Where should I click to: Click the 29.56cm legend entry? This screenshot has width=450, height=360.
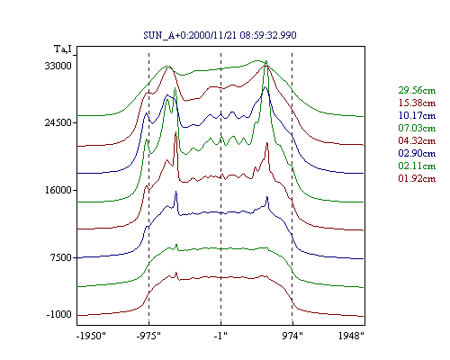(x=417, y=90)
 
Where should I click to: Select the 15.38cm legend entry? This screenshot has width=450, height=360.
(x=417, y=103)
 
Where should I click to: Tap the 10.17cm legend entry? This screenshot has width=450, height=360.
(x=417, y=115)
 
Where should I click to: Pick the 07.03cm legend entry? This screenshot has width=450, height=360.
(x=417, y=128)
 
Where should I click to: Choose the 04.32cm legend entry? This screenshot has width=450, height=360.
(x=417, y=140)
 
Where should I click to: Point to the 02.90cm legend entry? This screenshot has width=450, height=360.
(x=417, y=153)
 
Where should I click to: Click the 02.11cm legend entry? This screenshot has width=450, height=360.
(x=417, y=166)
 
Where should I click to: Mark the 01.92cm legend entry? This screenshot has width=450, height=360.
(x=417, y=178)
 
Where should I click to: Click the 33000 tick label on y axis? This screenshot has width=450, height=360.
(x=58, y=66)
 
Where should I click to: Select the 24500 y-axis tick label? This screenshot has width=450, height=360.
(x=58, y=122)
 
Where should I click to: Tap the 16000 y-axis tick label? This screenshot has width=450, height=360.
(x=58, y=190)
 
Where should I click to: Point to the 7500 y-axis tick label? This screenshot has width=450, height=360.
(x=61, y=257)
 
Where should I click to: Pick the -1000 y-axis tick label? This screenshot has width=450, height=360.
(x=58, y=314)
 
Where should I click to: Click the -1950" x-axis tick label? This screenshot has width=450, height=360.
(x=91, y=336)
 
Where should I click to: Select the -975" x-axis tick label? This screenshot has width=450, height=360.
(x=148, y=336)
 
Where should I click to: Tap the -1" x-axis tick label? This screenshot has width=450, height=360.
(x=220, y=336)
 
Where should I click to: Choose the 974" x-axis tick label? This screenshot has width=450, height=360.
(x=292, y=336)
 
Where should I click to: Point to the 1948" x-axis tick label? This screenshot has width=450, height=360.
(x=351, y=336)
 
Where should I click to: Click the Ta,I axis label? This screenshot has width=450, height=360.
(x=63, y=49)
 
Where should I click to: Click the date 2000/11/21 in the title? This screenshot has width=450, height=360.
(x=213, y=35)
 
